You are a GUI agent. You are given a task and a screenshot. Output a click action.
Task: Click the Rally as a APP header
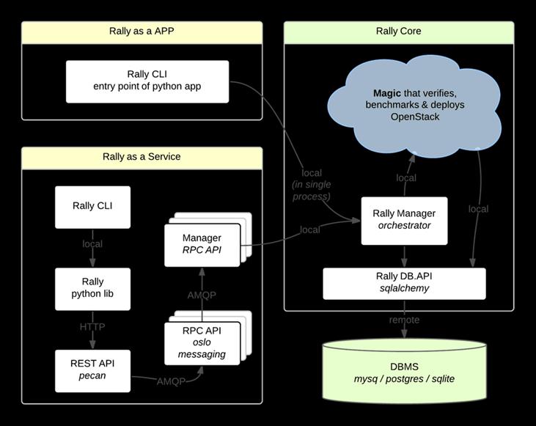point(142,32)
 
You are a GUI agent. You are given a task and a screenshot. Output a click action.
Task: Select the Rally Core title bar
point(399,32)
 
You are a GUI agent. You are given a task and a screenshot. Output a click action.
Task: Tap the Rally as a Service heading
point(142,158)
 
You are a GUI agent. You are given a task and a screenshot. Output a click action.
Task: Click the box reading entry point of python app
point(147,81)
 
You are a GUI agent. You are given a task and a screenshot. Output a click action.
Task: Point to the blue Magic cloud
point(414,106)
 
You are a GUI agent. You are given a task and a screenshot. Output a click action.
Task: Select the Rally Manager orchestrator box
point(404,221)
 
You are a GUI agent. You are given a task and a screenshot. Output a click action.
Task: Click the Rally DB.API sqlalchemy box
point(404,284)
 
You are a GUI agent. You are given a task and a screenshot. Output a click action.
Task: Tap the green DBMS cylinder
point(404,372)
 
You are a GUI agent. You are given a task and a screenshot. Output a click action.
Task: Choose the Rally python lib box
point(92,289)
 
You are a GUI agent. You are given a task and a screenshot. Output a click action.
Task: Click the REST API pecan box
point(92,371)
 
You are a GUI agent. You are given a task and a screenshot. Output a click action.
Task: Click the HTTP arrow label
point(92,327)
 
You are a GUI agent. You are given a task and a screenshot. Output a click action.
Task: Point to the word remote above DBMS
point(404,320)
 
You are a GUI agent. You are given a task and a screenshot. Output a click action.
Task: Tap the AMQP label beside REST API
point(171,381)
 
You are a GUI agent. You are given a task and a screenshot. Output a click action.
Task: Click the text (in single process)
point(312,191)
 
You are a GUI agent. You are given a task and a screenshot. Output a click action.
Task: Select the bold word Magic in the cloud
point(387,93)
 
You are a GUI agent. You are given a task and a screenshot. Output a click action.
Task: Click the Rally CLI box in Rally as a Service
point(92,208)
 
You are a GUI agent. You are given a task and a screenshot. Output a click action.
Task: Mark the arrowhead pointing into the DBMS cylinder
point(404,334)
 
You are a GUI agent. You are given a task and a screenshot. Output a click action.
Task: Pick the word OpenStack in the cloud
point(415,117)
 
